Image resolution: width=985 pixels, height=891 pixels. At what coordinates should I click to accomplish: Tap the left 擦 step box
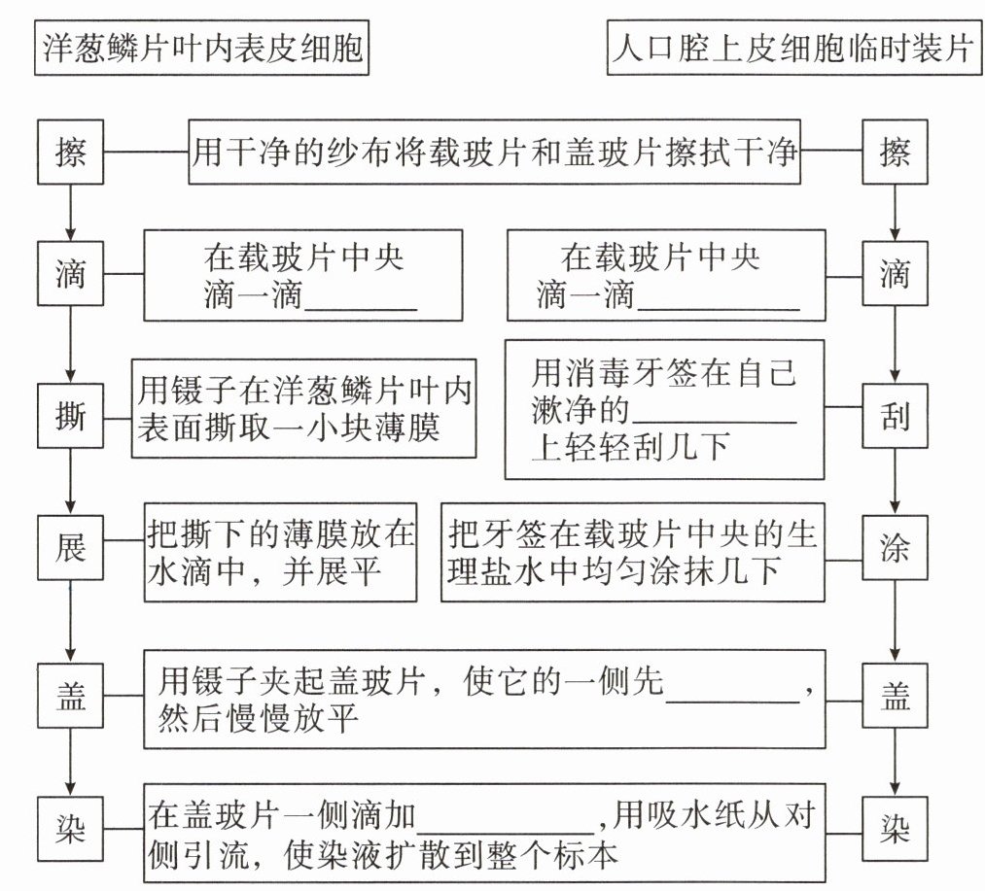pos(70,153)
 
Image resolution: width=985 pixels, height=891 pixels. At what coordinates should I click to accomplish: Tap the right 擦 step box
pos(895,153)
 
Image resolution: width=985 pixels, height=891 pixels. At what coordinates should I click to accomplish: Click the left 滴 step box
pos(70,275)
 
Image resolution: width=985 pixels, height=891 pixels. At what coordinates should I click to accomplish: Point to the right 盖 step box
pos(895,698)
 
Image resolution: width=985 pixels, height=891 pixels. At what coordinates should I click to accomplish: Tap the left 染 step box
pos(70,832)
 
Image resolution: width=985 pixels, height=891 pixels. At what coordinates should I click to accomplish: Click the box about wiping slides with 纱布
pos(494,153)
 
